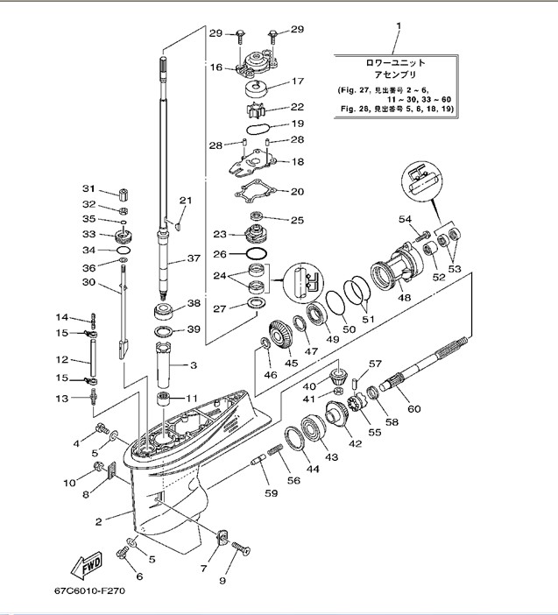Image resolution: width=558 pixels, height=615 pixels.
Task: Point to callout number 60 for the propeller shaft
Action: coord(413,408)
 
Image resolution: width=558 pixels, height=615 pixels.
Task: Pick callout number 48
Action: coord(405,298)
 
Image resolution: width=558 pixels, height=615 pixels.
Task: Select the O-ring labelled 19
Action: coord(256,129)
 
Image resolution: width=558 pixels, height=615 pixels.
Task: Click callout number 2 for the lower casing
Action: coord(99,522)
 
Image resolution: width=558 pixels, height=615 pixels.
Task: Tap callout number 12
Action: coord(62,360)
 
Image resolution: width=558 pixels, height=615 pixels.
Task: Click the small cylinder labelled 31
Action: coord(124,193)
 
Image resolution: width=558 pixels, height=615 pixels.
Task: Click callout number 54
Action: coord(405,219)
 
